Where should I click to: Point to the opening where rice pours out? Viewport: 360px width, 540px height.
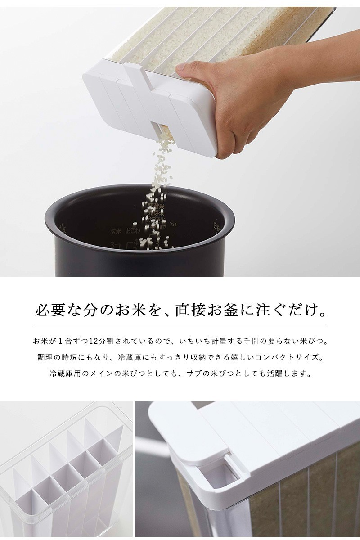point(162,130)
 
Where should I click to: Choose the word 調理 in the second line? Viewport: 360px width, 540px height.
point(45,358)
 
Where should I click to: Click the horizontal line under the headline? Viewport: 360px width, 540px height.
point(180,325)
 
